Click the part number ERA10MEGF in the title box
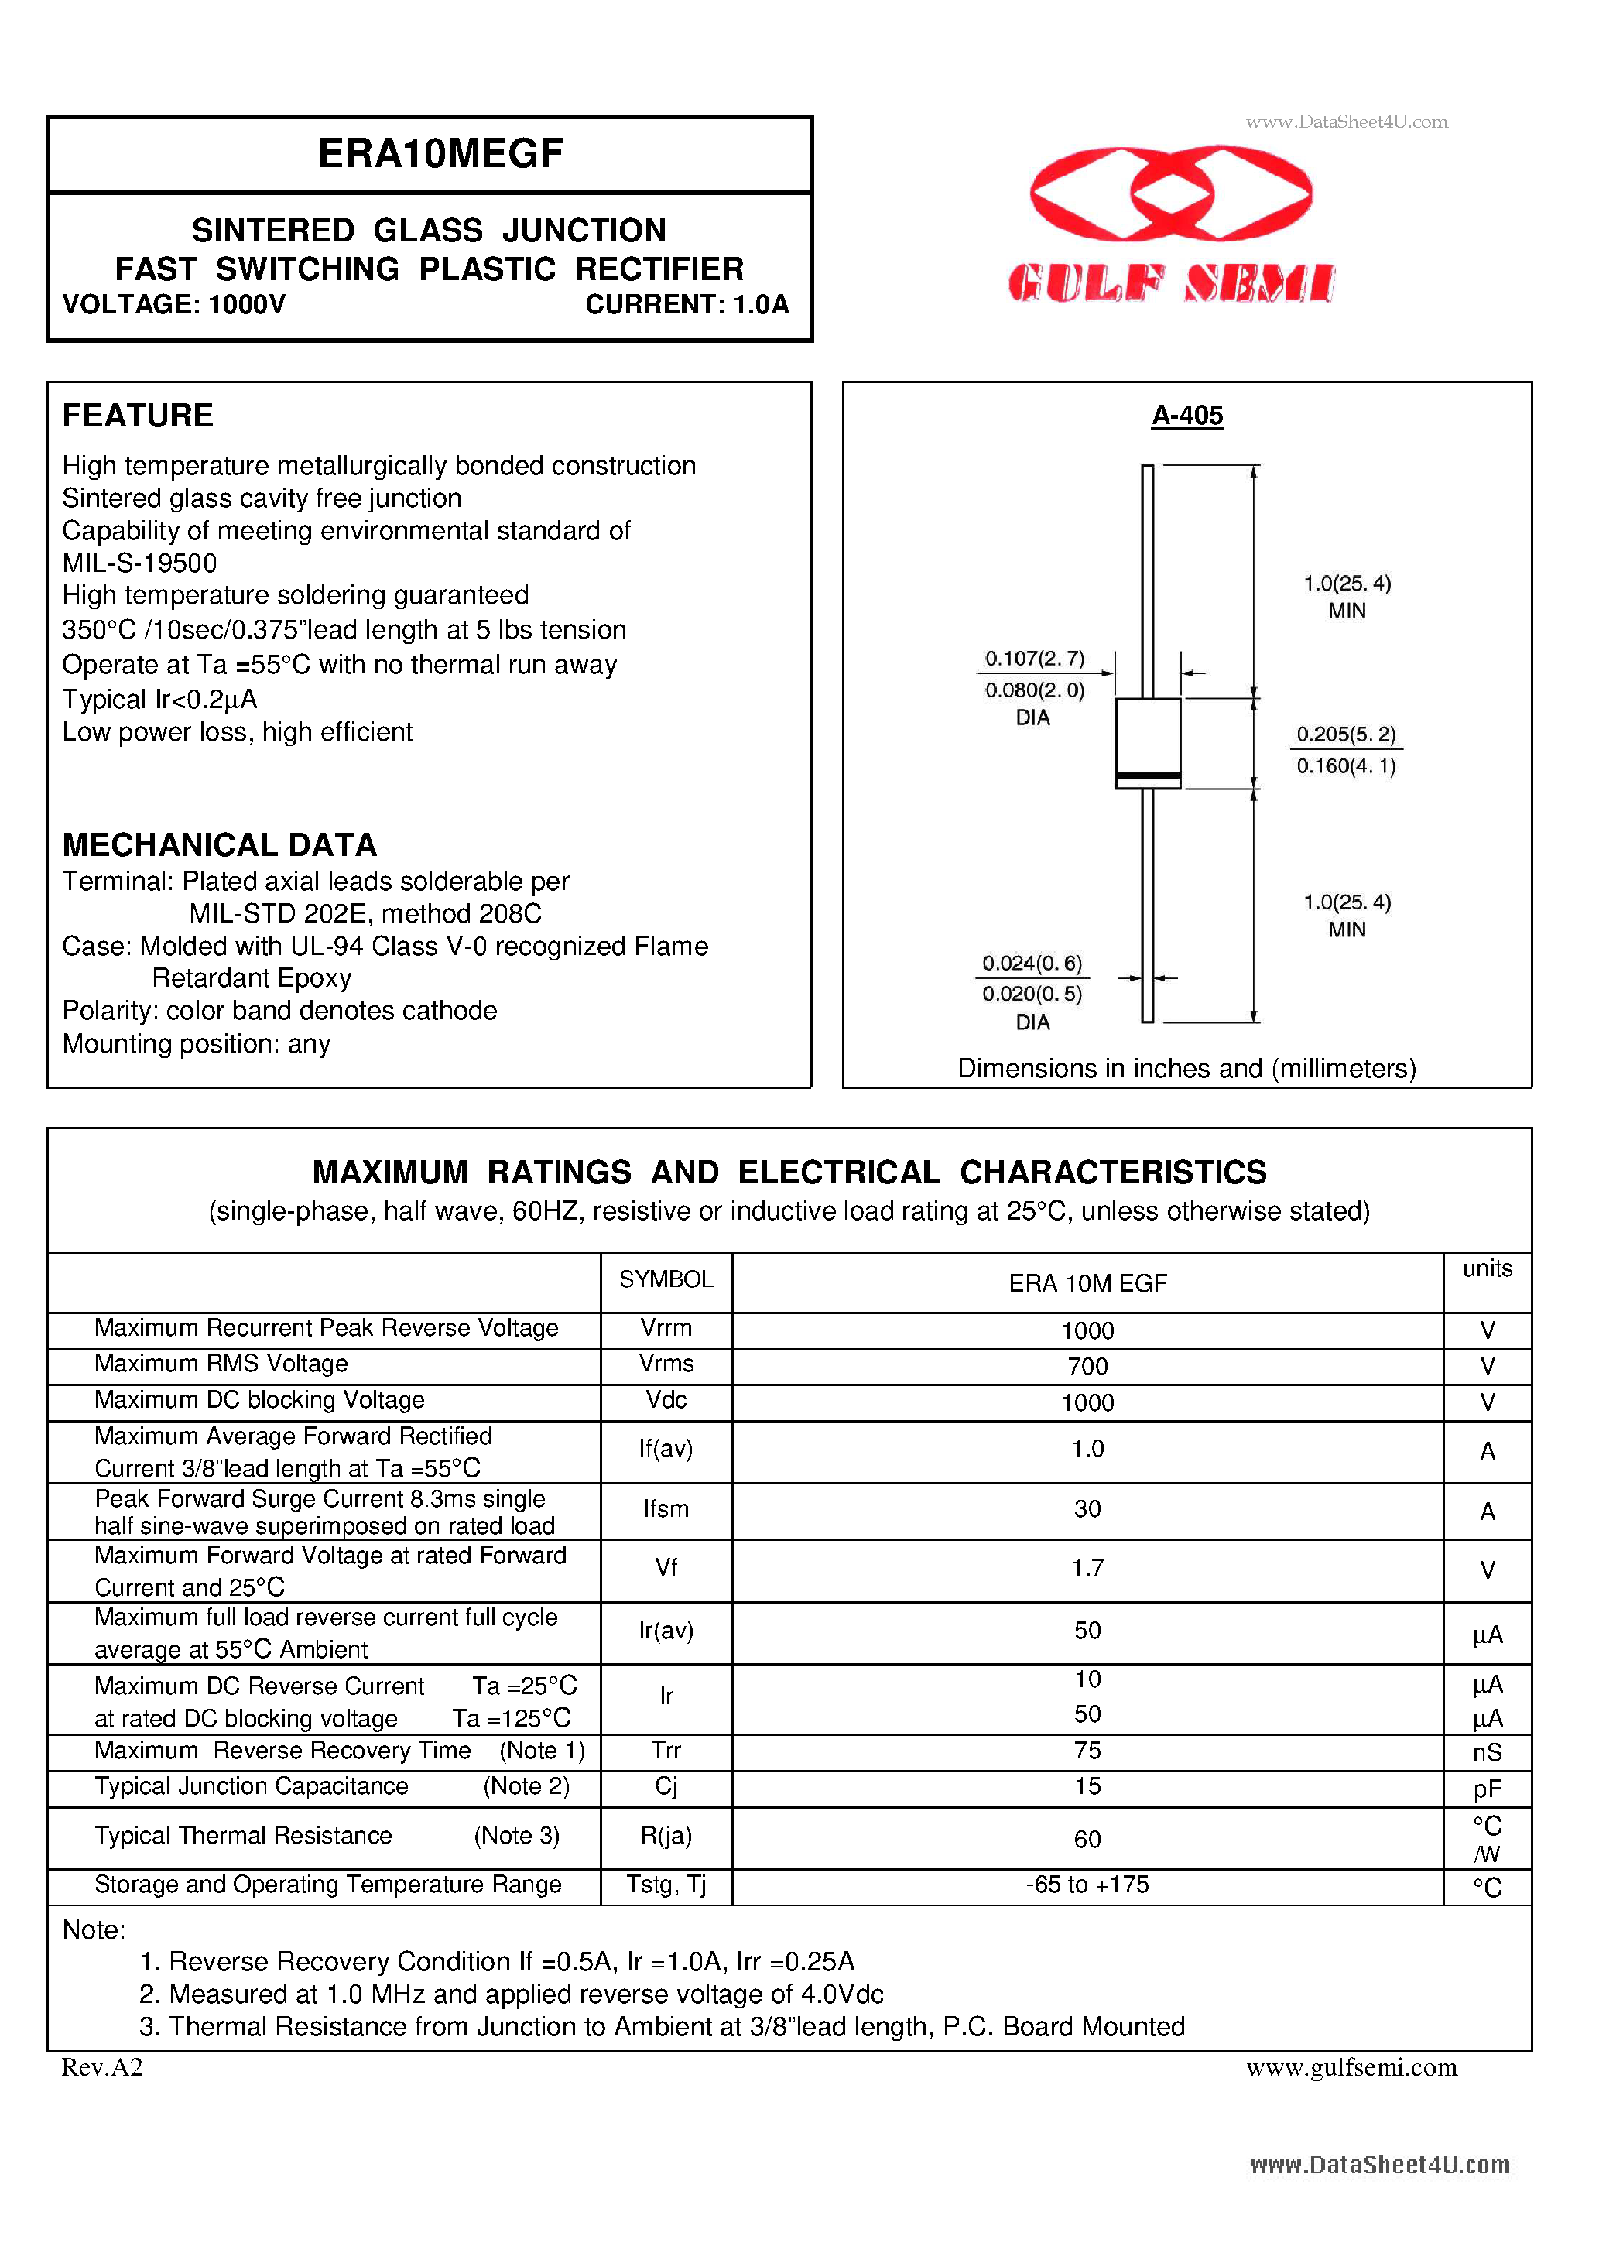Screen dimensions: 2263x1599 pyautogui.click(x=440, y=154)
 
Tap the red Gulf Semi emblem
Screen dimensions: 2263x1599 pyautogui.click(x=1170, y=194)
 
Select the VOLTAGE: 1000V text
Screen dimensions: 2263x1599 pyautogui.click(x=173, y=305)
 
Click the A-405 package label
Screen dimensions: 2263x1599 pyautogui.click(x=1187, y=416)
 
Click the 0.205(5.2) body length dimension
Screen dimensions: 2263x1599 pyautogui.click(x=1346, y=734)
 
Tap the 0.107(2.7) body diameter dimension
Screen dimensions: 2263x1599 pyautogui.click(x=1034, y=659)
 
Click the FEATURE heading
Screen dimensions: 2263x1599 pyautogui.click(x=137, y=416)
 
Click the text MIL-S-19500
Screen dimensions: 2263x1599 pyautogui.click(x=139, y=563)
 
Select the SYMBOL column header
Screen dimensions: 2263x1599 pyautogui.click(x=666, y=1279)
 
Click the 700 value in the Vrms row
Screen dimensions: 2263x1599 pyautogui.click(x=1087, y=1367)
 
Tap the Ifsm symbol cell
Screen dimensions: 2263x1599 pyautogui.click(x=666, y=1509)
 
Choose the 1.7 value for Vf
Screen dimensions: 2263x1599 pyautogui.click(x=1087, y=1568)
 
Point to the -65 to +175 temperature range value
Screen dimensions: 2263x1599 pyautogui.click(x=1087, y=1885)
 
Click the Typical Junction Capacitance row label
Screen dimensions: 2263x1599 pyautogui.click(x=252, y=1787)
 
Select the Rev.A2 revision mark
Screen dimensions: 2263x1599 pyautogui.click(x=102, y=2068)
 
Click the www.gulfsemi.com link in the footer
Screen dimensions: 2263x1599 pyautogui.click(x=1351, y=2068)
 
